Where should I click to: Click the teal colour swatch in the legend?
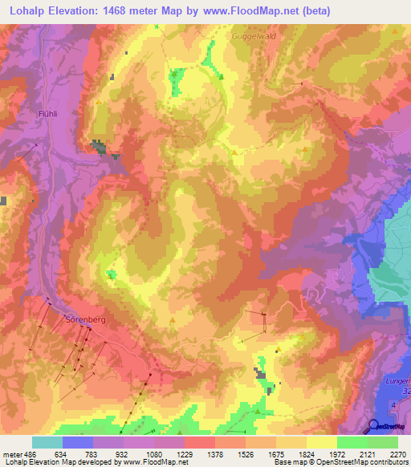click(x=47, y=442)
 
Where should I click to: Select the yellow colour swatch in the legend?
click(x=321, y=442)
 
